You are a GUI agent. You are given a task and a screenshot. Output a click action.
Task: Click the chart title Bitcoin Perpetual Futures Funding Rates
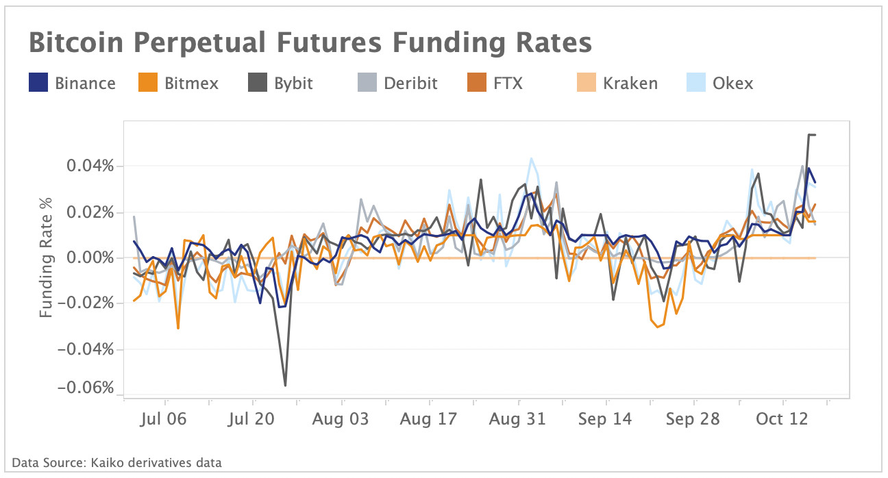tap(310, 43)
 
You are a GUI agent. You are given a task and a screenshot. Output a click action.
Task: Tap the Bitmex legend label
tap(191, 84)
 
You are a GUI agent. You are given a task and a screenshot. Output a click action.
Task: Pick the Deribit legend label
tap(410, 84)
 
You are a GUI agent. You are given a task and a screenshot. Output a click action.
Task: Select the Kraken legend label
tap(630, 84)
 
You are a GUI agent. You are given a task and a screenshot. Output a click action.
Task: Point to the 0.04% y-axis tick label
tap(88, 166)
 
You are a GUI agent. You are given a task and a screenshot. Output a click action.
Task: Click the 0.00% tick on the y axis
tap(88, 257)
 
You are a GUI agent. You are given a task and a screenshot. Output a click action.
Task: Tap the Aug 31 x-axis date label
tap(517, 419)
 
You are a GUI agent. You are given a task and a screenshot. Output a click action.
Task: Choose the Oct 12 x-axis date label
tap(782, 419)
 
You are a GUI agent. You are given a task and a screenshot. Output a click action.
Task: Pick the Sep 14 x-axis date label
tap(605, 419)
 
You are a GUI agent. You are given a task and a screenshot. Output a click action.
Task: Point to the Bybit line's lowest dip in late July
tap(285, 386)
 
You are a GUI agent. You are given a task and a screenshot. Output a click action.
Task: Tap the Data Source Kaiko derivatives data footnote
tap(116, 463)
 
